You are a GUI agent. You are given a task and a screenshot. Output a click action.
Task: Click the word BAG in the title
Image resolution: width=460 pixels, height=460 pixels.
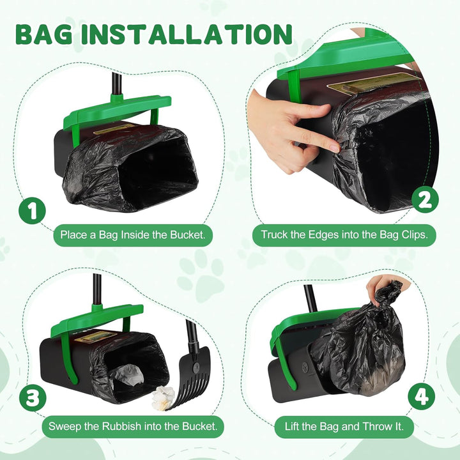(44, 34)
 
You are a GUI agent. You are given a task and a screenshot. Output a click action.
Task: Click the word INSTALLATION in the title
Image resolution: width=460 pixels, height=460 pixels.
(187, 34)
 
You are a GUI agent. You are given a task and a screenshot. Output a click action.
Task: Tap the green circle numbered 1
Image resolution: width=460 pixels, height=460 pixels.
(33, 210)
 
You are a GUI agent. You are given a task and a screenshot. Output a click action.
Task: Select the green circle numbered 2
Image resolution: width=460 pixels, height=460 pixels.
(425, 201)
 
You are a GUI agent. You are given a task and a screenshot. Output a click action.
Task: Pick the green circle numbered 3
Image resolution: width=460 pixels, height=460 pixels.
(33, 398)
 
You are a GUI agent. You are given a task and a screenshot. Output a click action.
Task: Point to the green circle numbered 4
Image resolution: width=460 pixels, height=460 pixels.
(422, 396)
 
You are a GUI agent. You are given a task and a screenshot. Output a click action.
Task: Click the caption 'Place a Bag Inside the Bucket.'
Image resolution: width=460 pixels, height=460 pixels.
(133, 234)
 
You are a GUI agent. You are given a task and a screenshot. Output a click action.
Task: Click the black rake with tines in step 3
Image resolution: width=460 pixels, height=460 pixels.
(190, 370)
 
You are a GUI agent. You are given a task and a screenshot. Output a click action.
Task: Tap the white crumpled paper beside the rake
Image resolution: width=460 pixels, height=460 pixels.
(163, 398)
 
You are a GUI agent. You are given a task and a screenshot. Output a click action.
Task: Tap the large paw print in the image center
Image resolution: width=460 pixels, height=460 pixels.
(201, 277)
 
